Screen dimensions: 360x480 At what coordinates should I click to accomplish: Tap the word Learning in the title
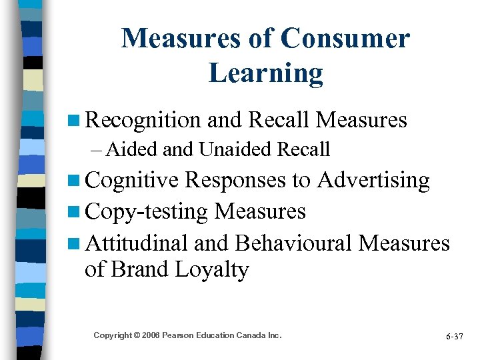(x=265, y=73)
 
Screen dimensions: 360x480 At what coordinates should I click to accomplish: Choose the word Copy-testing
(x=147, y=211)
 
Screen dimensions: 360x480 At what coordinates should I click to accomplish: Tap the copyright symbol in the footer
(x=137, y=335)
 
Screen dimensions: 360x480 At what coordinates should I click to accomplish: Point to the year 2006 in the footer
(x=150, y=335)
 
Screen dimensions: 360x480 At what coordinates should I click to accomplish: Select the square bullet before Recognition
(x=74, y=121)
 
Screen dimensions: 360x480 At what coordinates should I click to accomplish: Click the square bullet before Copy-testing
(x=74, y=213)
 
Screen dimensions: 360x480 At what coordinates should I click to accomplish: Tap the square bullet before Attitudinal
(x=74, y=244)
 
